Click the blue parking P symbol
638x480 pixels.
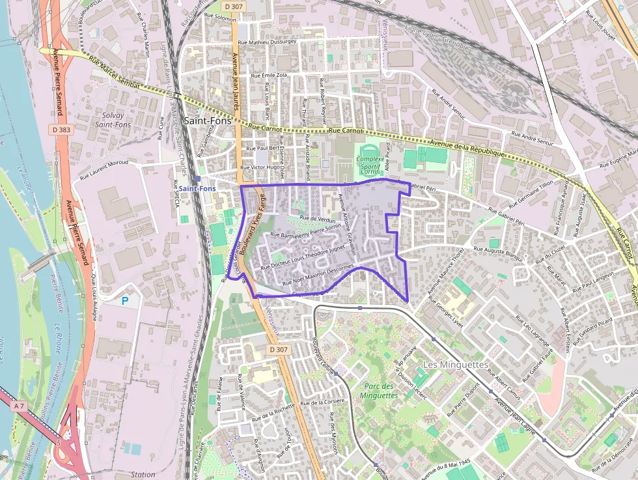(126, 301)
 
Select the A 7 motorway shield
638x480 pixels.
(20, 406)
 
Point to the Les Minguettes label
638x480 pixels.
(455, 364)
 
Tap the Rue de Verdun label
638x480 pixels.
(318, 220)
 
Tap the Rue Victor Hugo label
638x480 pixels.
(260, 167)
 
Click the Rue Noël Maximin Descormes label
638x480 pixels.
(318, 275)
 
